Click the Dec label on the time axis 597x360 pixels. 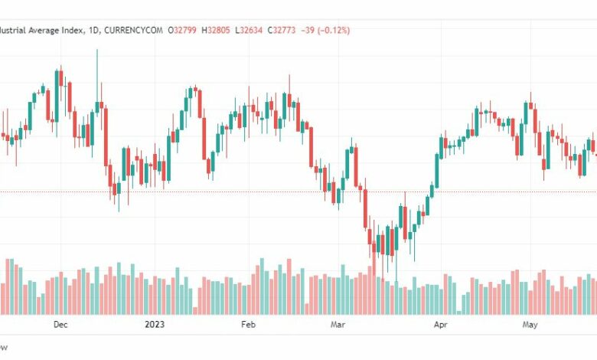pyautogui.click(x=60, y=324)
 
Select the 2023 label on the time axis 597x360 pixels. pyautogui.click(x=155, y=324)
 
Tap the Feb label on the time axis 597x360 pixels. pyautogui.click(x=247, y=324)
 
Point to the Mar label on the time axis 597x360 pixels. pyautogui.click(x=338, y=324)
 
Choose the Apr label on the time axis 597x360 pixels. pyautogui.click(x=440, y=324)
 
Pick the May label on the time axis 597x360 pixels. pyautogui.click(x=530, y=324)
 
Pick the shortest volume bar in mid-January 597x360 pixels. pyautogui.click(x=195, y=310)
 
